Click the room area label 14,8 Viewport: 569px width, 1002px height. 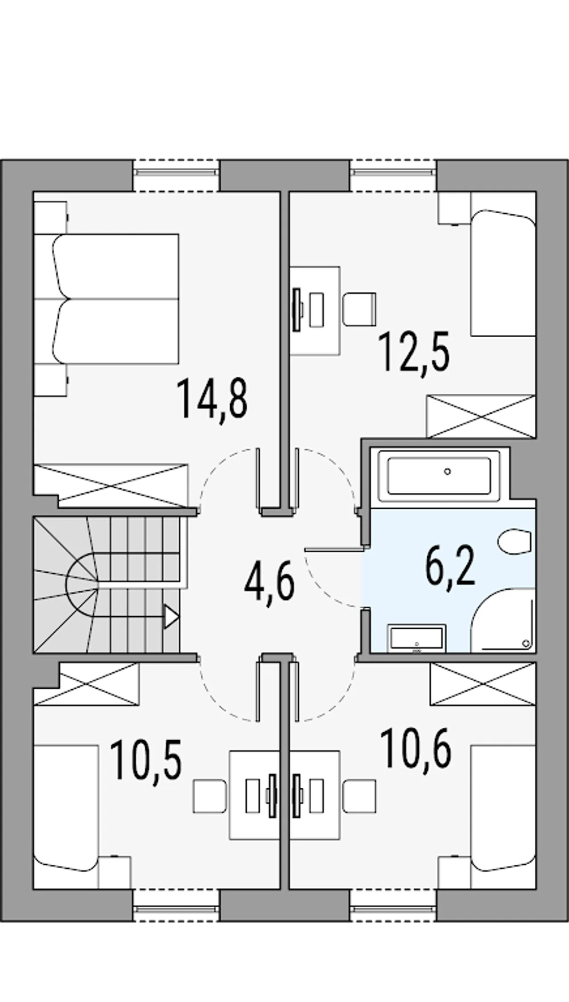coord(212,398)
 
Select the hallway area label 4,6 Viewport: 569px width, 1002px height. coord(269,580)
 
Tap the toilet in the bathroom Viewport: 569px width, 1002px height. coord(514,541)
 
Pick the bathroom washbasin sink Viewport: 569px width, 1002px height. coord(417,639)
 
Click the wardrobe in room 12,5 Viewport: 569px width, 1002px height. coord(481,416)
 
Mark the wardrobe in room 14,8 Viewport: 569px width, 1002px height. coord(111,486)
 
